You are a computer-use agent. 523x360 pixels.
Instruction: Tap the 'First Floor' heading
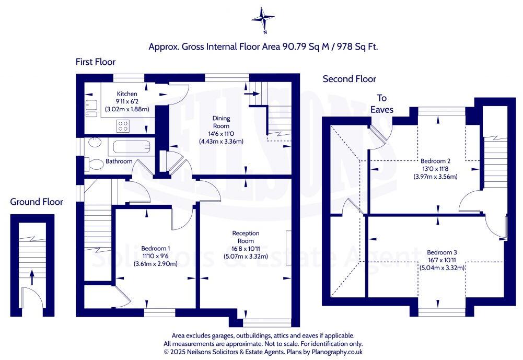tap(96, 62)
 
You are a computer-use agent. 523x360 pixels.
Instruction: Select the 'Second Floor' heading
tap(349, 79)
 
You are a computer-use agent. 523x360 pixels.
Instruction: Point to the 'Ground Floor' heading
tap(36, 202)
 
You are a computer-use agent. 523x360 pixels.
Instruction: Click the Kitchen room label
tap(127, 94)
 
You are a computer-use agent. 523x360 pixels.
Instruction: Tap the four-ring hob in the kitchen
tap(123, 125)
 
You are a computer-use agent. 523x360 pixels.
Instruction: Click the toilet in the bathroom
tap(95, 164)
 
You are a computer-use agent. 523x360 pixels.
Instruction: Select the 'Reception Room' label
tap(246, 237)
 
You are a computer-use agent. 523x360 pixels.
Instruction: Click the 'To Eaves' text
tap(382, 104)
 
